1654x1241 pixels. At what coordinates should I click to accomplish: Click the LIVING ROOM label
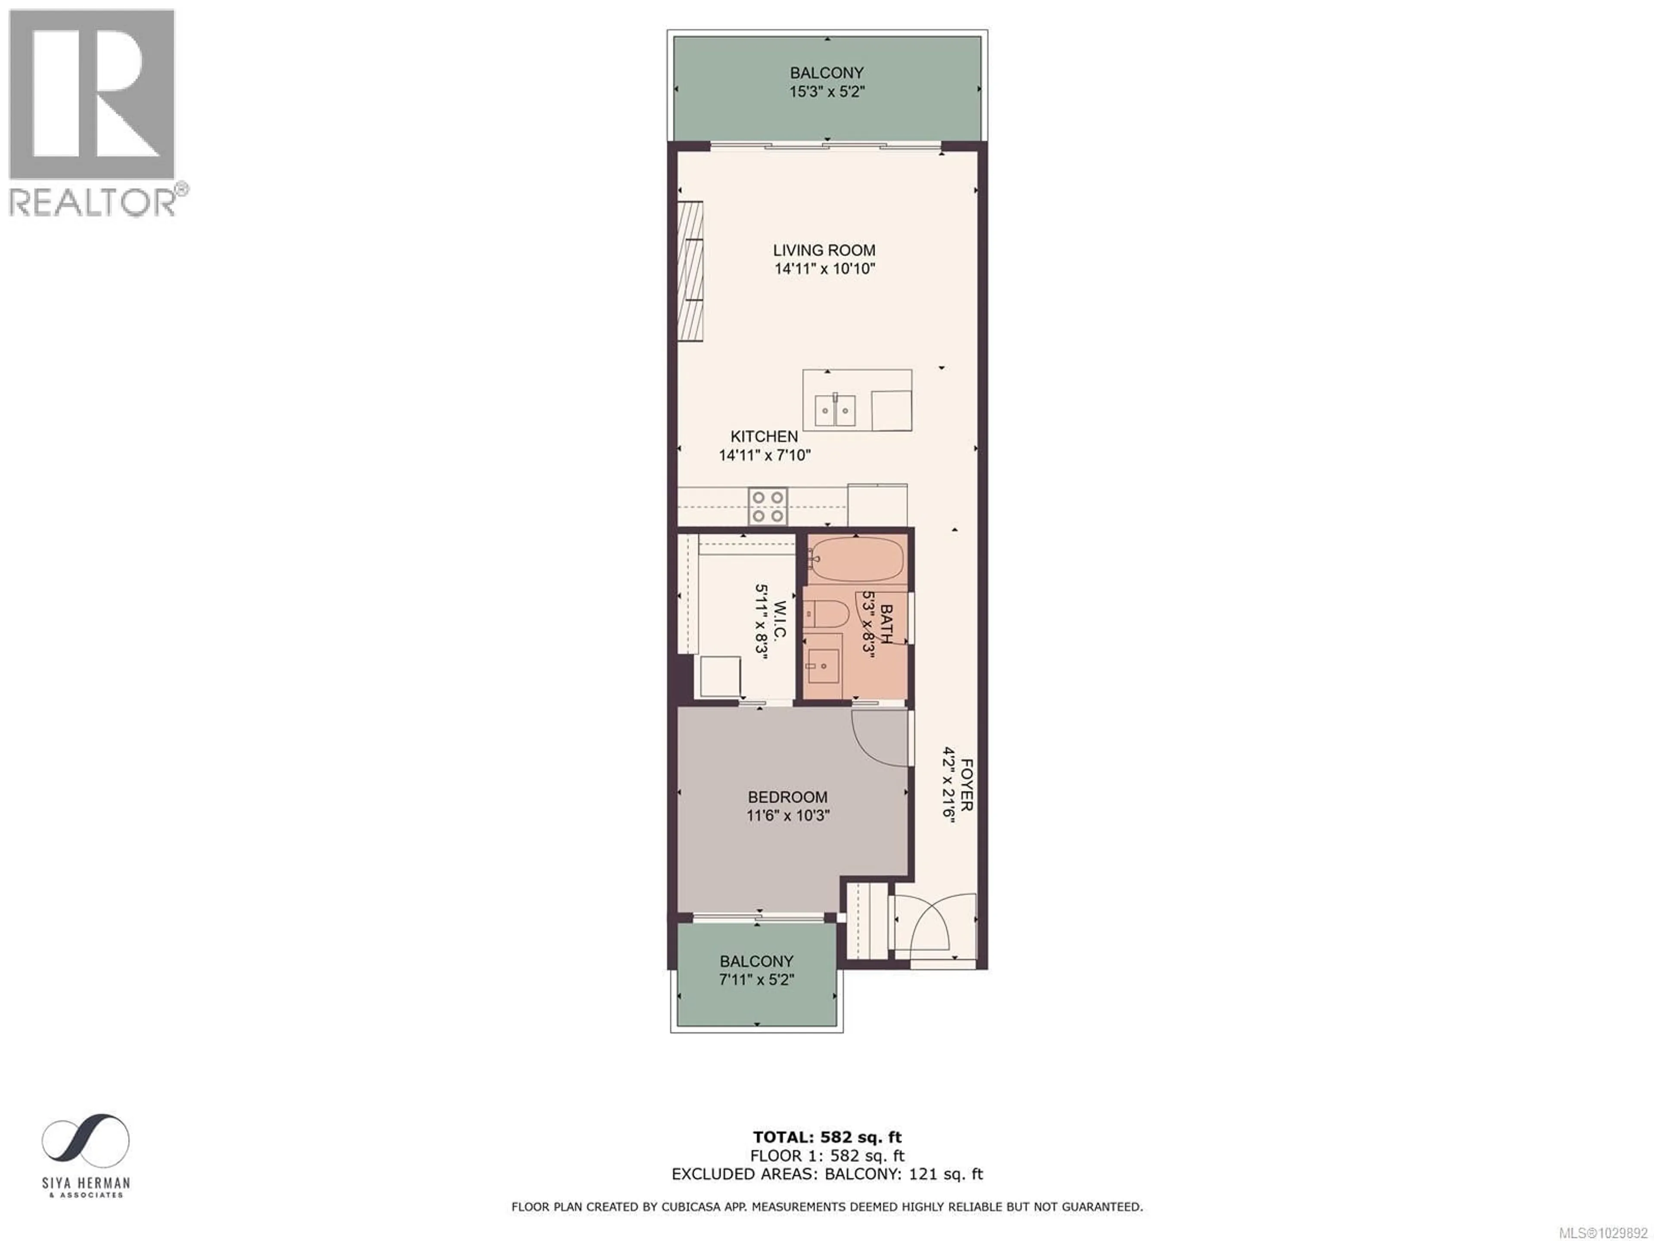pos(824,251)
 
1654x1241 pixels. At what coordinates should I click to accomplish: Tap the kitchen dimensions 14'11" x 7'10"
pos(764,455)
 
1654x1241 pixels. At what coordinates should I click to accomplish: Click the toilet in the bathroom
pos(828,614)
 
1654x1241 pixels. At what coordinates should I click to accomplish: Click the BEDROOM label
pos(787,798)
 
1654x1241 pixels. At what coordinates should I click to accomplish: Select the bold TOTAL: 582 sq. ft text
pos(827,1138)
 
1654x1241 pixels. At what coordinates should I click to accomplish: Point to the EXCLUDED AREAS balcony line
pos(827,1174)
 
